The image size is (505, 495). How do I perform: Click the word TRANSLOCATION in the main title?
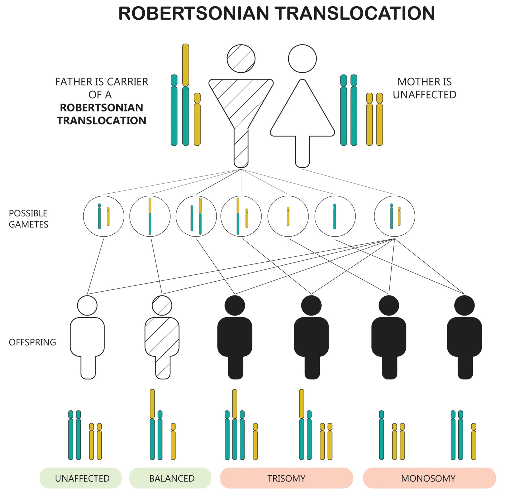click(x=355, y=13)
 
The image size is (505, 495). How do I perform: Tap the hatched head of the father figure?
click(x=241, y=58)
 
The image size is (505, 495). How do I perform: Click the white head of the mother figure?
click(x=302, y=58)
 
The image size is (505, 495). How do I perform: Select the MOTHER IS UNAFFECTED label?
click(x=424, y=88)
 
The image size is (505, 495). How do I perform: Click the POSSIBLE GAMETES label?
click(x=28, y=219)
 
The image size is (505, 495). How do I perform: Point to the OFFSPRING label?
click(x=32, y=342)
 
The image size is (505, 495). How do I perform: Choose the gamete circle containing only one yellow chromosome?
click(x=288, y=216)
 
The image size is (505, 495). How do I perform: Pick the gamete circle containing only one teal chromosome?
click(x=335, y=216)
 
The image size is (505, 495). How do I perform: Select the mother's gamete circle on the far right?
click(x=394, y=216)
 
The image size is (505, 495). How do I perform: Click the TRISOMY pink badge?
click(x=286, y=478)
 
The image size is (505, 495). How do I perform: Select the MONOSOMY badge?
click(x=429, y=478)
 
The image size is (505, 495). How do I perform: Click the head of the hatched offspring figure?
click(x=162, y=305)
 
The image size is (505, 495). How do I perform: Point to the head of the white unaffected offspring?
click(x=87, y=305)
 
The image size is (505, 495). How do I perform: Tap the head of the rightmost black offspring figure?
click(x=464, y=305)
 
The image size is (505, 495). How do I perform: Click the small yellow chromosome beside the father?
click(x=197, y=120)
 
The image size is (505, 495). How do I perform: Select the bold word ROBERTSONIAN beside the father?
click(x=101, y=108)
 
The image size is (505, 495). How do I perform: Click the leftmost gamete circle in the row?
click(x=103, y=216)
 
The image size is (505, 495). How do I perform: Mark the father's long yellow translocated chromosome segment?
click(x=185, y=65)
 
